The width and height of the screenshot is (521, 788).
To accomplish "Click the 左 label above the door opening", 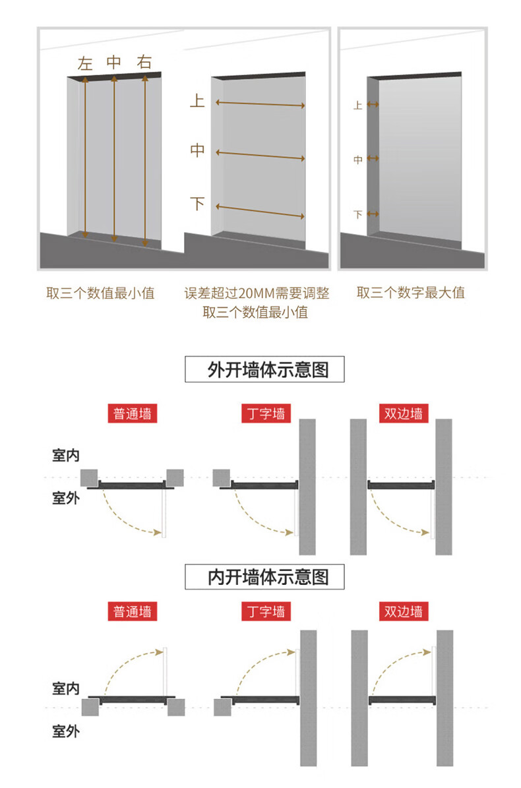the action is (x=85, y=63).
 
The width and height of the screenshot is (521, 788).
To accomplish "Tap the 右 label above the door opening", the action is (x=144, y=63).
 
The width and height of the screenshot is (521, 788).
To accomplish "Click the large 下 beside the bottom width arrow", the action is (x=197, y=204).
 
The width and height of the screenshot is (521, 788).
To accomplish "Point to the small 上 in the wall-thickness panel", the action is (x=358, y=105).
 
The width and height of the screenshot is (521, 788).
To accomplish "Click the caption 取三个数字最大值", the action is (x=411, y=293).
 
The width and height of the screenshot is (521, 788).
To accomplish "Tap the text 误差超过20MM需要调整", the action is (x=257, y=293).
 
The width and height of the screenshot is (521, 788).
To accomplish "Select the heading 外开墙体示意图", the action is (x=267, y=370).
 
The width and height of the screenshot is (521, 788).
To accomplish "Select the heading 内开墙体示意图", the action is (x=267, y=578).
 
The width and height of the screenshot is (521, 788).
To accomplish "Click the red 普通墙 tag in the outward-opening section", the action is (x=132, y=413).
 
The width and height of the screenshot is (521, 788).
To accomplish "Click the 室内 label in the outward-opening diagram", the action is (x=65, y=455).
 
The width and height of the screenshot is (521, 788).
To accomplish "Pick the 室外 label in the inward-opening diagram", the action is (x=65, y=731).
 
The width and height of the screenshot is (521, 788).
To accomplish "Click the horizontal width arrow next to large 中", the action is (x=260, y=156).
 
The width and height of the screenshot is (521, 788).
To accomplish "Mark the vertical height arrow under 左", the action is (x=84, y=158).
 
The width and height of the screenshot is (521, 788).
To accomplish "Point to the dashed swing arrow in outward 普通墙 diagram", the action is (x=132, y=518).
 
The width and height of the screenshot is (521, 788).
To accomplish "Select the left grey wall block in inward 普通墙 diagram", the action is (x=90, y=708).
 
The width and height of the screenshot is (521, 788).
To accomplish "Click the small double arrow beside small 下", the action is (x=373, y=214).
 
